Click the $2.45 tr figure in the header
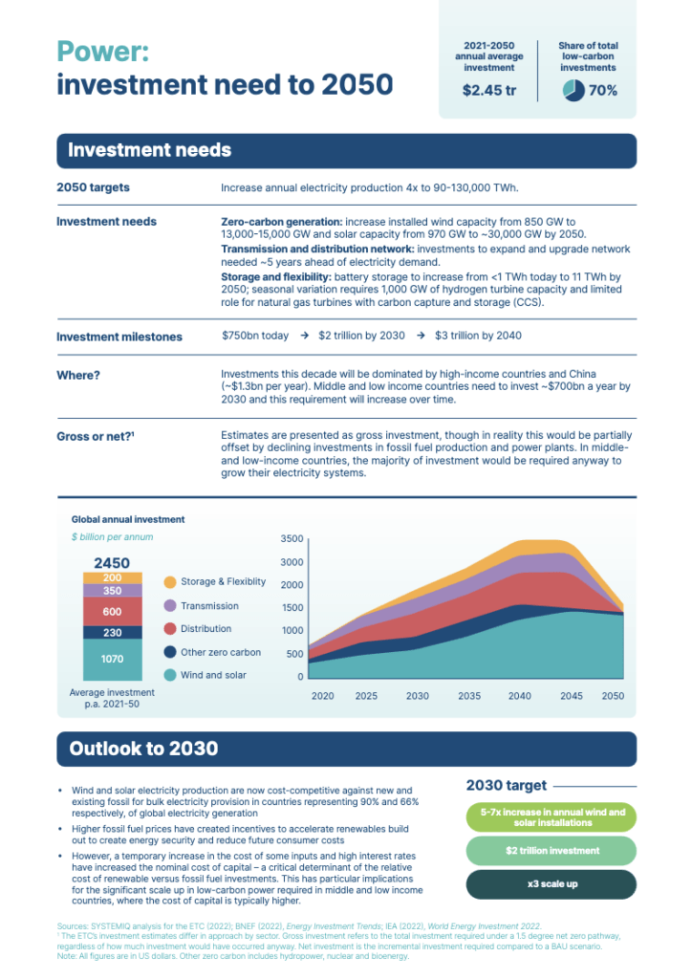coord(489,90)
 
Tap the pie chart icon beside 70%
coord(573,90)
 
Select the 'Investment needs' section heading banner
coord(149,150)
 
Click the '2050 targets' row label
coord(93,187)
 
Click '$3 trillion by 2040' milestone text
coord(478,337)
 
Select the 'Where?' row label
coord(78,375)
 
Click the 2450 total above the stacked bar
coord(112,563)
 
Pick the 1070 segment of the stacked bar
coord(113,659)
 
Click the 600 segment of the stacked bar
coord(113,611)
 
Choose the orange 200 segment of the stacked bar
coord(113,577)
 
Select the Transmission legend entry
coord(209,605)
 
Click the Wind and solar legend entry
coord(213,675)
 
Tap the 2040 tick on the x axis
coord(520,696)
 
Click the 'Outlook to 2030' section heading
coord(143,749)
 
